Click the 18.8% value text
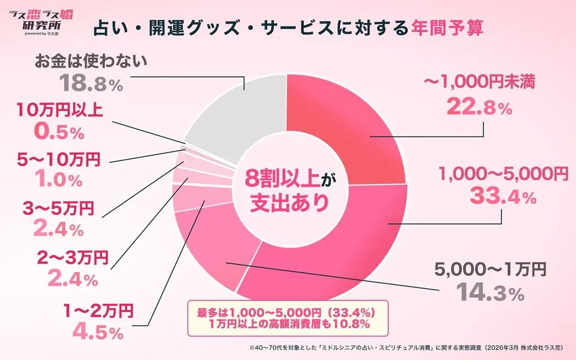coord(91,84)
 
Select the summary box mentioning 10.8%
coord(287,317)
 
